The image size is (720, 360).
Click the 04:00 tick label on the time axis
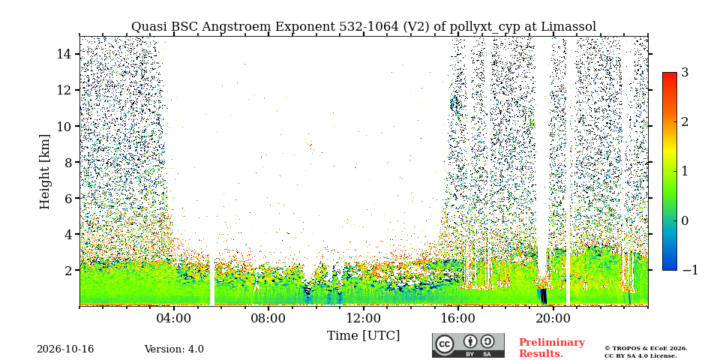tap(174, 318)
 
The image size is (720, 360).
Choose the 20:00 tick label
tap(553, 318)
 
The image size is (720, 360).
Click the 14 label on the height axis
tap(64, 54)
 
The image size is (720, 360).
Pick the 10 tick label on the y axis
tap(64, 126)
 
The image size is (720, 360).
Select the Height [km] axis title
tap(44, 172)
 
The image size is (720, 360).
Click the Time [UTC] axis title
tap(363, 336)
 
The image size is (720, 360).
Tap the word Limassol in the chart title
tap(568, 27)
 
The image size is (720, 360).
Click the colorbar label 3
tap(685, 73)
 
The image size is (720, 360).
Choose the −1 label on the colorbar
tap(690, 270)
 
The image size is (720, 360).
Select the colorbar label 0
tap(685, 220)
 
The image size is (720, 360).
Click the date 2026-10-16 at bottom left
tap(65, 349)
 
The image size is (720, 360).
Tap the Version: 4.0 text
tap(174, 349)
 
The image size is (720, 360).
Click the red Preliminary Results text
tap(552, 348)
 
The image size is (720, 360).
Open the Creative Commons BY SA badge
tap(468, 345)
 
